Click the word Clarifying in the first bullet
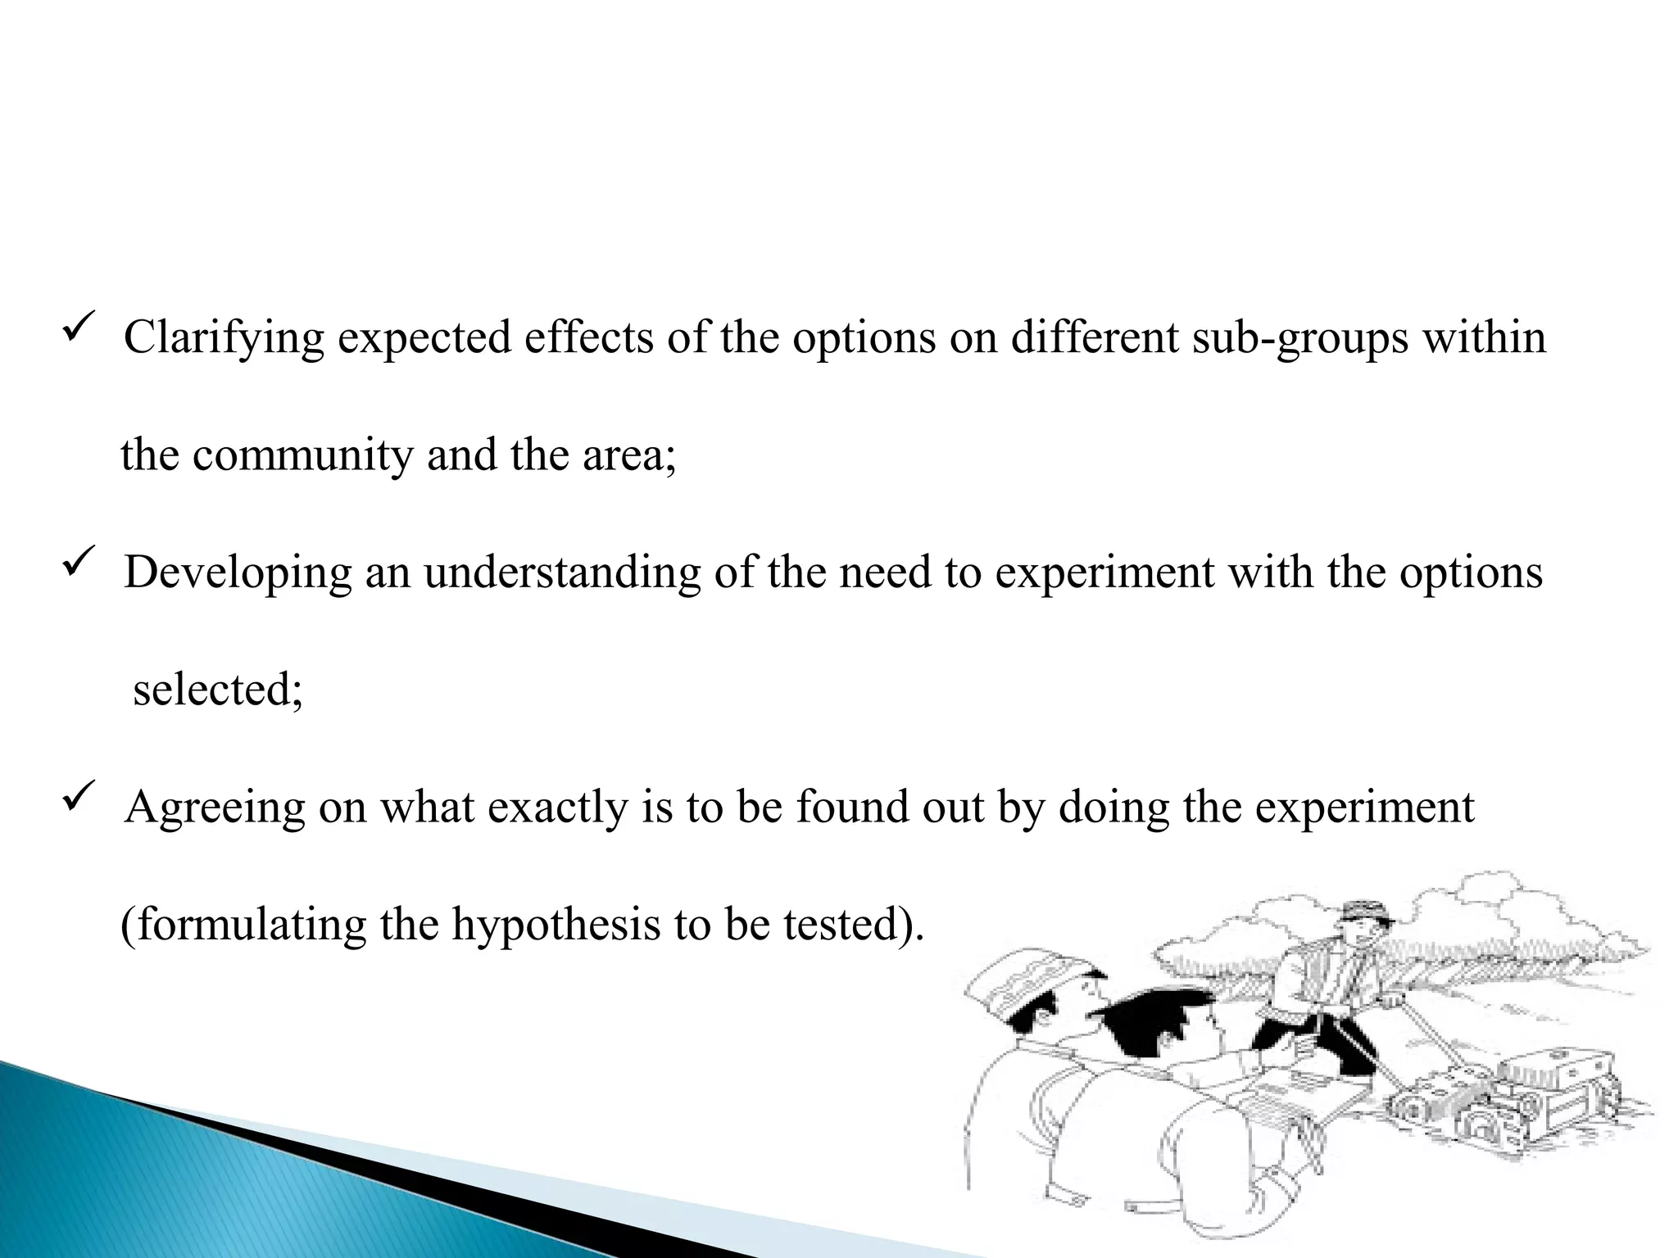pyautogui.click(x=224, y=338)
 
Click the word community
pyautogui.click(x=303, y=455)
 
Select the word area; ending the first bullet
pyautogui.click(x=629, y=455)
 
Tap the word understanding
pyautogui.click(x=562, y=572)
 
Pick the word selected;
pyautogui.click(x=218, y=690)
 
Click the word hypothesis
pyautogui.click(x=559, y=925)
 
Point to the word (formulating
pyautogui.click(x=243, y=925)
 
